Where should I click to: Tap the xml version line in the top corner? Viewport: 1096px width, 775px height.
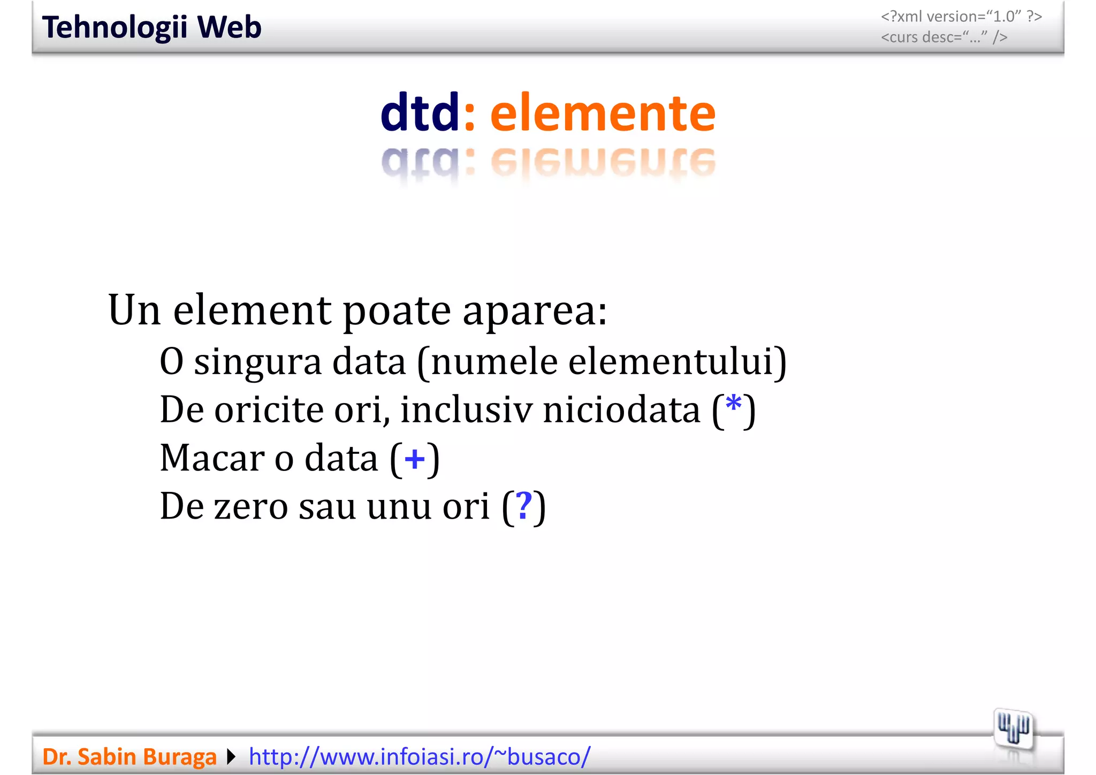click(x=961, y=17)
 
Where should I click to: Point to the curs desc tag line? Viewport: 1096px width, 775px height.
click(x=944, y=37)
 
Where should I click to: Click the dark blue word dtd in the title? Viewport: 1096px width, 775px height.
click(x=420, y=112)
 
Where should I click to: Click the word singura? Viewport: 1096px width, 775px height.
click(x=258, y=362)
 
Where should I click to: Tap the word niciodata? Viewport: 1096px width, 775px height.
click(x=621, y=410)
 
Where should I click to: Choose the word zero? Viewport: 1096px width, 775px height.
click(x=251, y=506)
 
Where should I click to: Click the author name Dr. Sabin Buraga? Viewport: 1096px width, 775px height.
click(x=129, y=757)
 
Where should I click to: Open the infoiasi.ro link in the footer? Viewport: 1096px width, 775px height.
click(x=420, y=757)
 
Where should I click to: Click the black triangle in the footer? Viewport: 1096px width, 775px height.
click(x=231, y=757)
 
